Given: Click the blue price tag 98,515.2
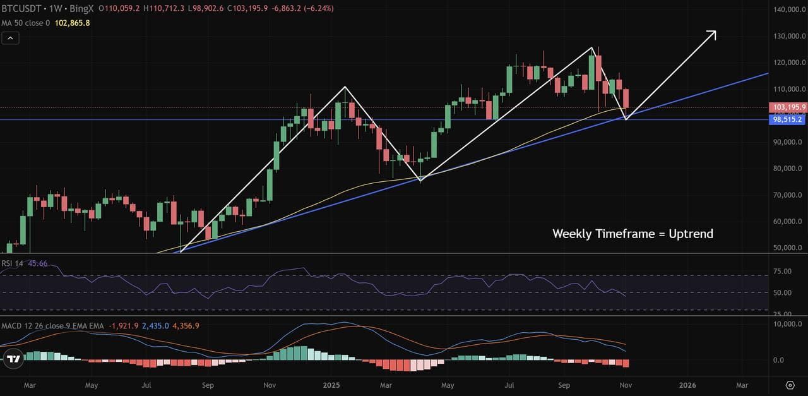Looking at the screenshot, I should tap(787, 119).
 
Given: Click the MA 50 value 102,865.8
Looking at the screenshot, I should tap(72, 23).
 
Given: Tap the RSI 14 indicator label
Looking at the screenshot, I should tap(12, 263).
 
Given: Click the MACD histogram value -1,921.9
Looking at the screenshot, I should tap(123, 325).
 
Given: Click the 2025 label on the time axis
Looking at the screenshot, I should tap(331, 385).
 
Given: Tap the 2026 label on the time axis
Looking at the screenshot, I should tap(687, 385).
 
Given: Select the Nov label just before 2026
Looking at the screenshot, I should tap(626, 385).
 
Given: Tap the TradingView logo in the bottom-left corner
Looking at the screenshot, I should tap(13, 359).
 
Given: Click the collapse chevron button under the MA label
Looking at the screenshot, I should tap(10, 38).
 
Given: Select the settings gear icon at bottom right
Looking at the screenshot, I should tap(790, 385).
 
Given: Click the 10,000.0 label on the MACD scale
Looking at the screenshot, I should tap(788, 324).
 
